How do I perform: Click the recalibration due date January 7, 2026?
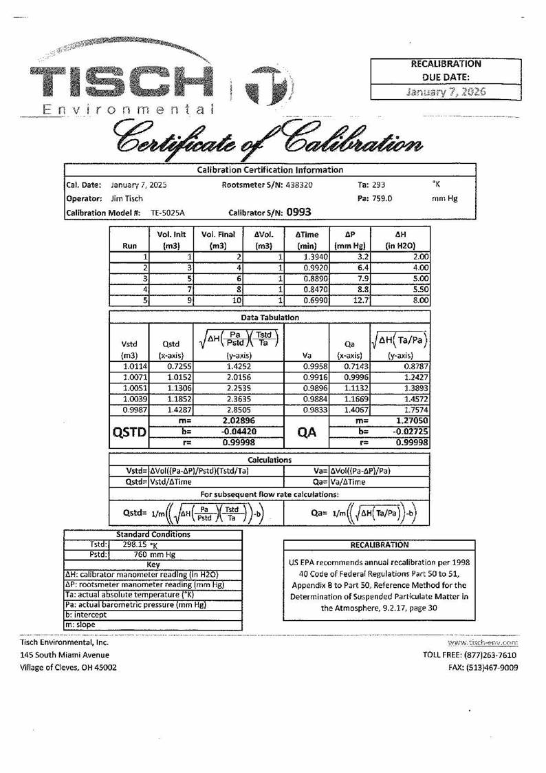pos(446,92)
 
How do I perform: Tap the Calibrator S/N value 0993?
pos(298,213)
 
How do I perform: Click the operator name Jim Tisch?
pos(127,199)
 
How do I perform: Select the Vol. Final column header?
pos(218,240)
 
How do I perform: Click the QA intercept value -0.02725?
pos(411,432)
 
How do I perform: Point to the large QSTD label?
pos(129,432)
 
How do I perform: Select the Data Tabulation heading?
pos(269,317)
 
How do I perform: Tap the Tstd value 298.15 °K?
pos(138,543)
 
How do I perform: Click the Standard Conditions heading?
pos(153,534)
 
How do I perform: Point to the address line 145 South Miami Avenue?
pos(65,655)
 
